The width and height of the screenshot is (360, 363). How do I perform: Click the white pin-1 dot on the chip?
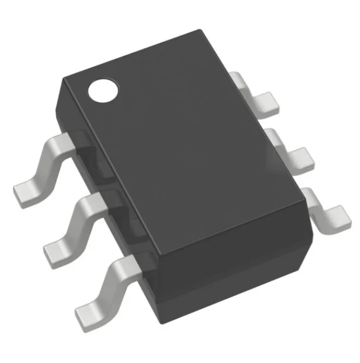(103, 91)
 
